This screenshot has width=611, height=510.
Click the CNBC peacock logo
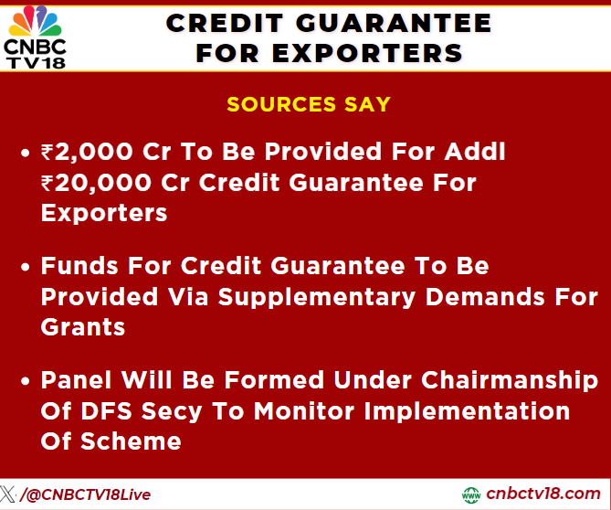[36, 17]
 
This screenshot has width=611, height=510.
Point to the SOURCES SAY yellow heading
[309, 103]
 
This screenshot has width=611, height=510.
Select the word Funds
[81, 266]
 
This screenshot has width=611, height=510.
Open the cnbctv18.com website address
[543, 494]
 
